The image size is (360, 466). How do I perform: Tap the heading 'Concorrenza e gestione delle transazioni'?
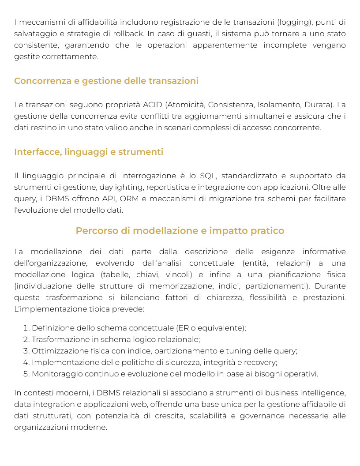tap(106, 81)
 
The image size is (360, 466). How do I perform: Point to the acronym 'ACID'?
tap(153, 105)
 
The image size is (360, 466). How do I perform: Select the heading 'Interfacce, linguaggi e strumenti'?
tap(89, 152)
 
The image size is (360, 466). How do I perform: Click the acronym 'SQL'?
tap(208, 176)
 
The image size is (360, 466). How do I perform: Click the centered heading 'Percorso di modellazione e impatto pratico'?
tap(180, 231)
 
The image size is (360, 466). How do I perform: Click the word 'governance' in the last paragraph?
tap(262, 416)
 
